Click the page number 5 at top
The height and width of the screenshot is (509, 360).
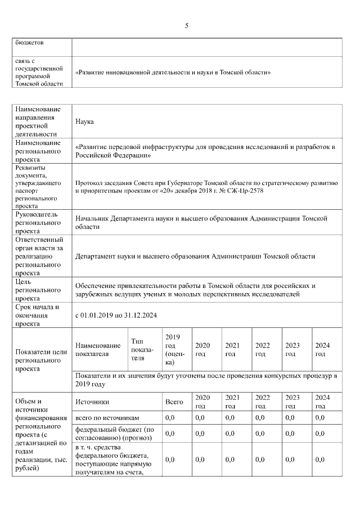click(187, 25)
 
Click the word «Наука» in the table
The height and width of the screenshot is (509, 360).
click(84, 121)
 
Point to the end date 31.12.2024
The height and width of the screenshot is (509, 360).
click(141, 315)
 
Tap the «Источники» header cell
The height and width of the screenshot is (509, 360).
click(92, 402)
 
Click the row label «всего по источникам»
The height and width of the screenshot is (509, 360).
click(107, 418)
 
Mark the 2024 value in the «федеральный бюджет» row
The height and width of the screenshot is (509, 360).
click(320, 434)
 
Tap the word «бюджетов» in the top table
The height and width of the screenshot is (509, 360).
click(29, 42)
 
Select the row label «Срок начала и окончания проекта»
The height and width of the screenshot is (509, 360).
click(38, 316)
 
